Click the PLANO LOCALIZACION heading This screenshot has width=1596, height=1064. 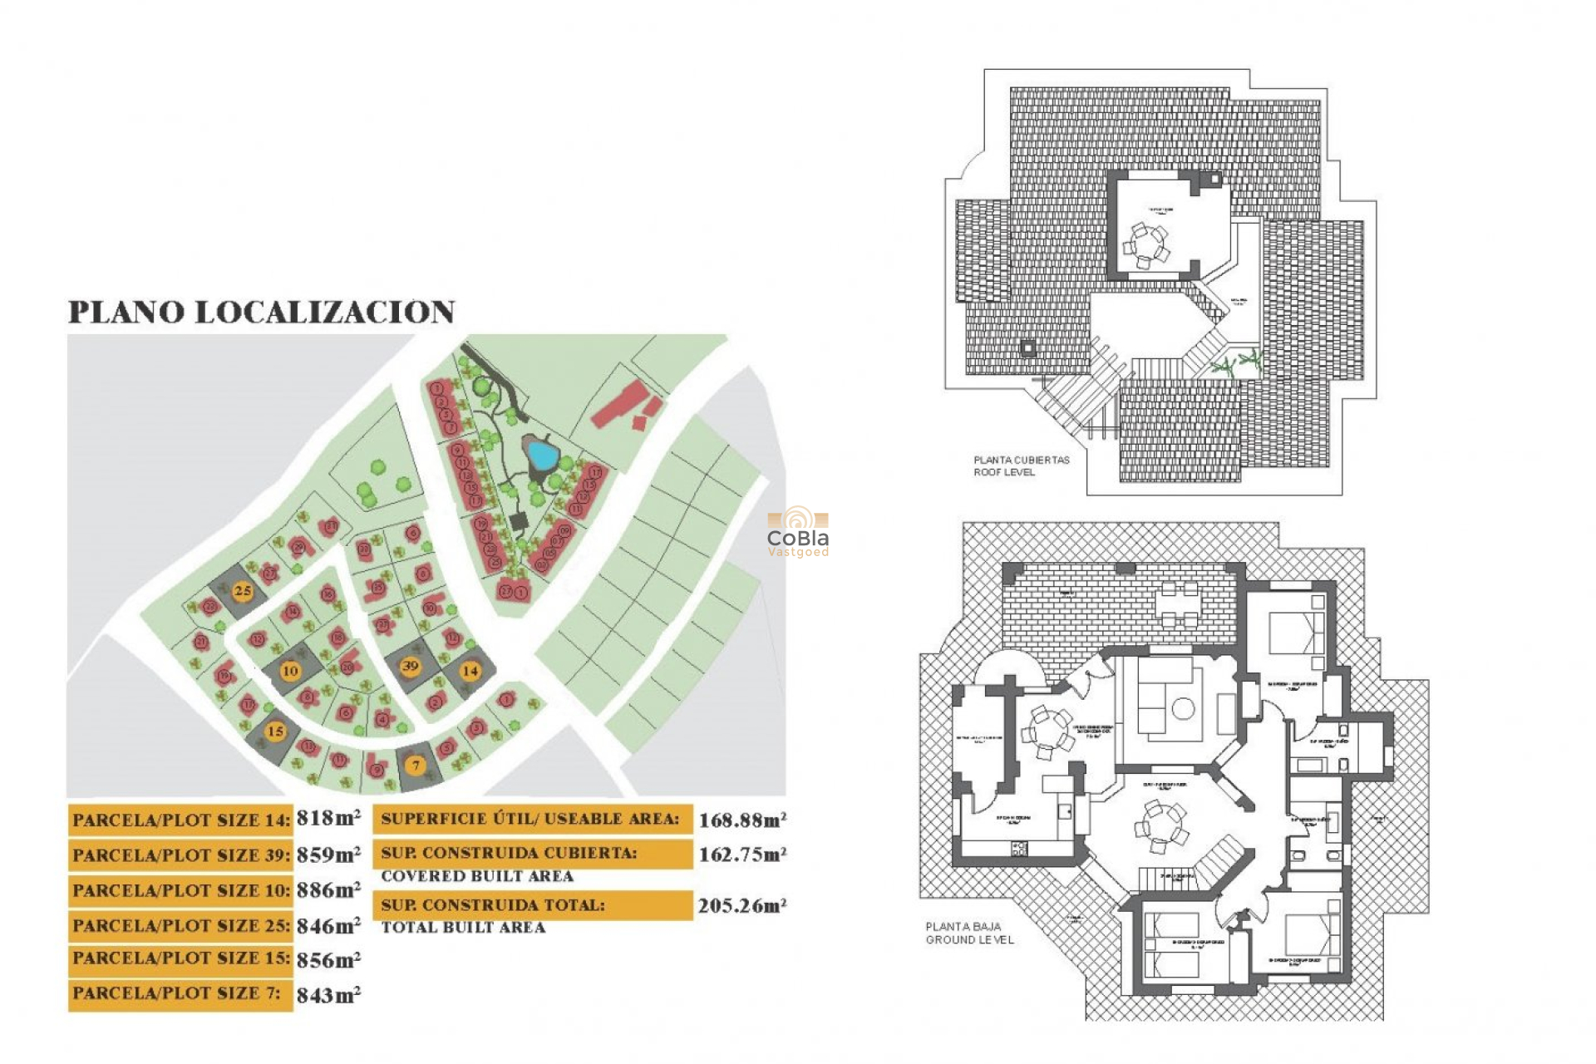pos(261,312)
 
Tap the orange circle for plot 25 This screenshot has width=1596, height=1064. pos(242,591)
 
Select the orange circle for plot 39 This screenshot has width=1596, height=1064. pos(410,666)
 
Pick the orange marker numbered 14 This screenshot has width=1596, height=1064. pos(470,671)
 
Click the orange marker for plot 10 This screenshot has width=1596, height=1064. pos(289,671)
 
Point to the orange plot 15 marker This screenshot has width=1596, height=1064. pos(275,731)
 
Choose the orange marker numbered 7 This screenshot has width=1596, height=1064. pos(416,766)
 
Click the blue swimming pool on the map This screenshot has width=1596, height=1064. pos(541,455)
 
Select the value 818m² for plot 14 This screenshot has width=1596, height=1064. pos(328,819)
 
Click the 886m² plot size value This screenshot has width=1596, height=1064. pos(328,890)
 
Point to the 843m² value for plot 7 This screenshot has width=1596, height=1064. pos(328,995)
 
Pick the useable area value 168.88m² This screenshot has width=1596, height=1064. pos(741,820)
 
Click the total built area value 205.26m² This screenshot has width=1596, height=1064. pos(741,906)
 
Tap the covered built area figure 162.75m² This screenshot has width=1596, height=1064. pos(741,855)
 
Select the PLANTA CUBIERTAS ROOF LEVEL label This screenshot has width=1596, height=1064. pos(1021,465)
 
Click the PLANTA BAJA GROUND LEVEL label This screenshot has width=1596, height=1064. pos(969,933)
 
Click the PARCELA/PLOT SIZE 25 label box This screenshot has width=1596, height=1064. pos(180,925)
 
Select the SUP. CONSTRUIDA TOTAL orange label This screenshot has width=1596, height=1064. pos(532,905)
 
